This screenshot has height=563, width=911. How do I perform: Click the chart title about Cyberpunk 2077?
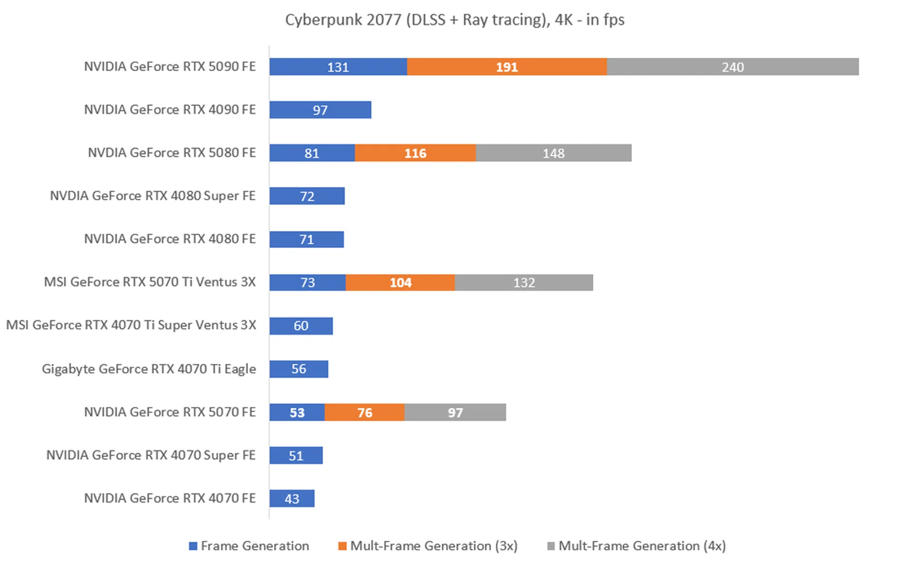(455, 20)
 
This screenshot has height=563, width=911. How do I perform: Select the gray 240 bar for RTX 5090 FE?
(732, 67)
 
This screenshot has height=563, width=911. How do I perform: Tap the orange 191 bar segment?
(506, 67)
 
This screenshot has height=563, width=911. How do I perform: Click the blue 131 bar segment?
(338, 67)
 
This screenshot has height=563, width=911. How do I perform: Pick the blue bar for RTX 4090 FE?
(320, 110)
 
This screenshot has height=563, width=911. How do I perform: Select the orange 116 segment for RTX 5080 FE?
(415, 153)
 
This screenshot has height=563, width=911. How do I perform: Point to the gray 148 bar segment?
(553, 153)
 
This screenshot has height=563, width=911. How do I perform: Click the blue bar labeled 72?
(307, 196)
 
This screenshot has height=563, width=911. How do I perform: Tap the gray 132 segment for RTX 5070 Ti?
(524, 283)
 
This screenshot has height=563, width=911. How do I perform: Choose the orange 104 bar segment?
(400, 283)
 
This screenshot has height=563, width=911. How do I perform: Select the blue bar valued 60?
(301, 326)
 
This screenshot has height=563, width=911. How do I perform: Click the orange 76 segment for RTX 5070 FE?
(364, 413)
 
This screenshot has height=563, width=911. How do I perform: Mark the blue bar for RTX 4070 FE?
(291, 498)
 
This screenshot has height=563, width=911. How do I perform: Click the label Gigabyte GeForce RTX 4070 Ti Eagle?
(149, 369)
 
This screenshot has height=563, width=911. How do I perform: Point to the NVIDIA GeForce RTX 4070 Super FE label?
(150, 455)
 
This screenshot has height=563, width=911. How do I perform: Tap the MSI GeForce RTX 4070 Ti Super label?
(131, 325)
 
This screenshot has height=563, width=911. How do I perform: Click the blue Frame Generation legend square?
(193, 546)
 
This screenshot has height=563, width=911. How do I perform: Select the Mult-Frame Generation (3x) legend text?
(434, 546)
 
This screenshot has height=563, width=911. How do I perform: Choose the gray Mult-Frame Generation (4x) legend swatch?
(551, 546)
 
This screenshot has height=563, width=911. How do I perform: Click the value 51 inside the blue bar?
(296, 456)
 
